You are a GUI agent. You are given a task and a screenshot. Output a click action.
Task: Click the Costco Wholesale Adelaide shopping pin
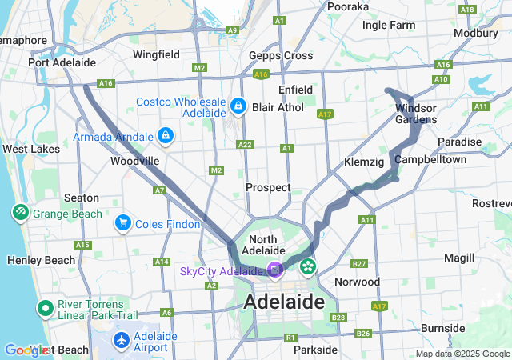(238, 106)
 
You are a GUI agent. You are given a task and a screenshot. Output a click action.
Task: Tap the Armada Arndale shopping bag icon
(165, 136)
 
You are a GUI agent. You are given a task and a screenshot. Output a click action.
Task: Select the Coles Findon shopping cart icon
(122, 222)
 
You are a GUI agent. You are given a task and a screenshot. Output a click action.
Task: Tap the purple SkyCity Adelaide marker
(275, 270)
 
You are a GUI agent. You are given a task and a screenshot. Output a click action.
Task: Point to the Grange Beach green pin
(20, 213)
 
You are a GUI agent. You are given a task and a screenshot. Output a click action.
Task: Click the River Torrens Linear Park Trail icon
(44, 308)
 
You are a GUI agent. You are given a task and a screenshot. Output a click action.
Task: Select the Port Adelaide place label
(62, 62)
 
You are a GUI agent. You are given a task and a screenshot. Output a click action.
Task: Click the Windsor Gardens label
(416, 114)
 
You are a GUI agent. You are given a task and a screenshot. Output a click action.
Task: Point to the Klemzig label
(364, 162)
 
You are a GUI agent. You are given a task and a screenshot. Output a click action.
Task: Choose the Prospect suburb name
(268, 187)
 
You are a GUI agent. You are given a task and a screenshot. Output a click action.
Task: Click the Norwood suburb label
(356, 282)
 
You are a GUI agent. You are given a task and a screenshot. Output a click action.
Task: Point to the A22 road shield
(245, 145)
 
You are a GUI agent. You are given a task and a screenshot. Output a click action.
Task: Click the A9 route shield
(232, 30)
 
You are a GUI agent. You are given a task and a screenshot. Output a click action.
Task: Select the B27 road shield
(359, 264)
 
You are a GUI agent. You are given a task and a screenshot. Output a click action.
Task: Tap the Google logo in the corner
(26, 350)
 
